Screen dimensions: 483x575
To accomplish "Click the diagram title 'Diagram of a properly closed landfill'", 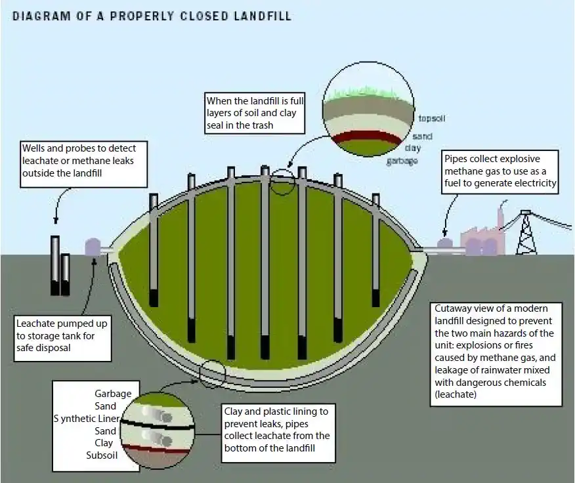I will (152, 15).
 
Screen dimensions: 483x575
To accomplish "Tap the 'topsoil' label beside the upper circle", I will (433, 119).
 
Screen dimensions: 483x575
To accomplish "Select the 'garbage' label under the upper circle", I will (402, 161).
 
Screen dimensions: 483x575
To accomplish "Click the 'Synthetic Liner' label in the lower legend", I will (85, 419).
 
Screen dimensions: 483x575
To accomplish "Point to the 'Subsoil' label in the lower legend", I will (101, 455).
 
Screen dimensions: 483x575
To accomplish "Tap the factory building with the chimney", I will (482, 239).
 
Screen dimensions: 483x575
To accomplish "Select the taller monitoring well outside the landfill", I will (55, 265).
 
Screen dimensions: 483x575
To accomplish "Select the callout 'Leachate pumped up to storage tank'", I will (62, 336).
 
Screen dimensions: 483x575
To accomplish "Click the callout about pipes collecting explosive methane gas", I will (500, 171).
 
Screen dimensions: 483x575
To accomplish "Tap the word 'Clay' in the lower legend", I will (106, 443).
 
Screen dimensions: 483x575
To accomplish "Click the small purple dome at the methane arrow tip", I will (445, 243).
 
